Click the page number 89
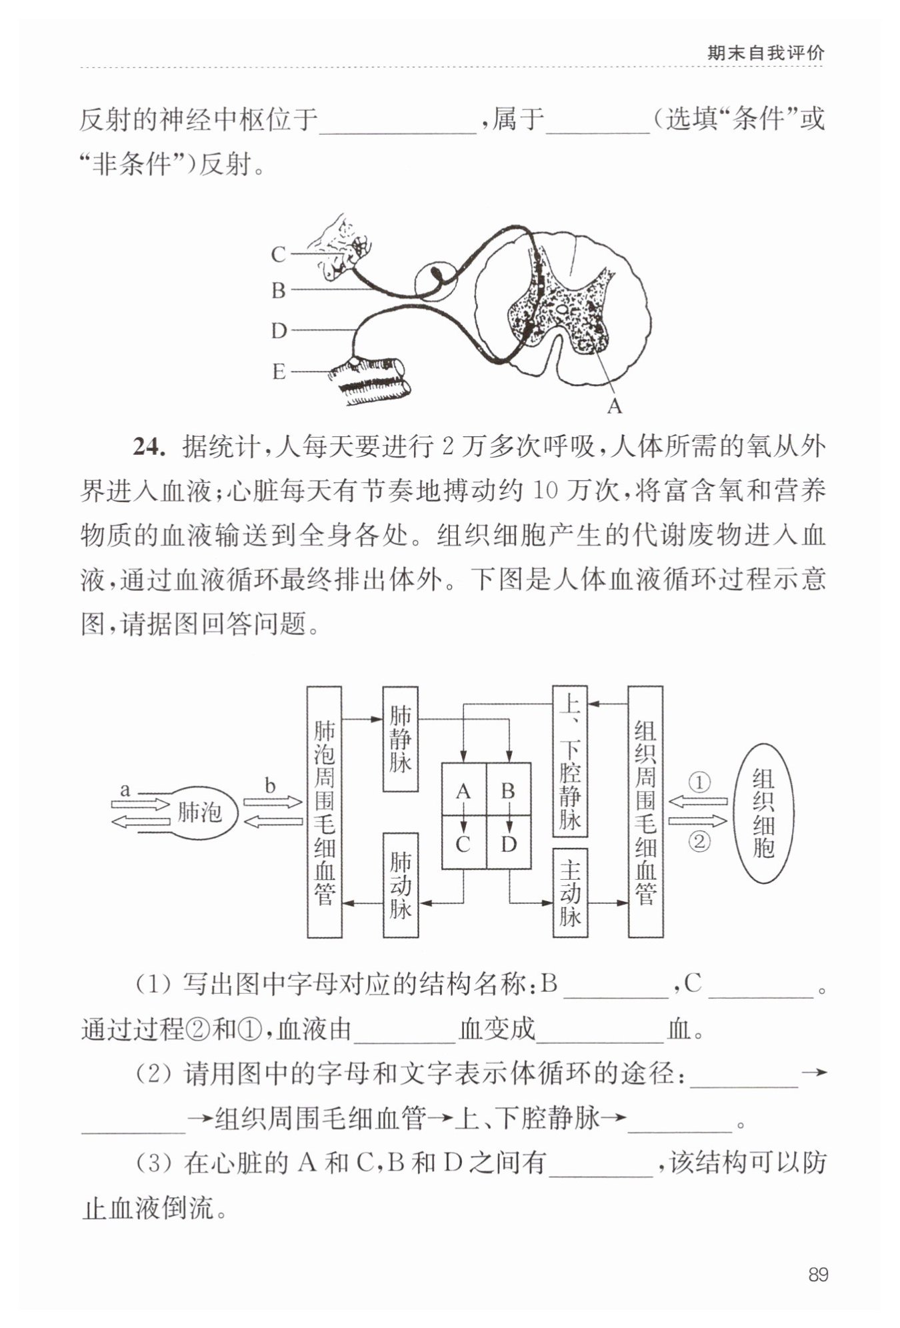tap(818, 1275)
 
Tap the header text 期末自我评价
tap(766, 53)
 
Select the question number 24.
tap(149, 447)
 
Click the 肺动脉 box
tap(400, 885)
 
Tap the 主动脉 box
tap(570, 892)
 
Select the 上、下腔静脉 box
tap(570, 761)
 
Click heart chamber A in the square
tap(463, 790)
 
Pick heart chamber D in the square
tap(509, 844)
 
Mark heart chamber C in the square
tap(463, 844)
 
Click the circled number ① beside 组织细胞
tap(699, 782)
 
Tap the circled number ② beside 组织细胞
tap(699, 842)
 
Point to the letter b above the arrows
tap(270, 785)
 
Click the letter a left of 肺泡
tap(125, 790)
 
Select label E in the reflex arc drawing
tap(279, 372)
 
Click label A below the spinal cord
tap(615, 406)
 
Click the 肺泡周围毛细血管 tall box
tap(325, 812)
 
